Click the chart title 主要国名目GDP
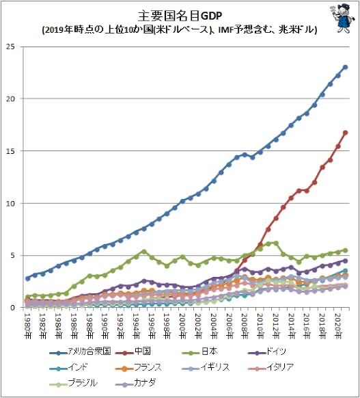pyautogui.click(x=180, y=16)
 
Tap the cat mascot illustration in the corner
pyautogui.click(x=342, y=18)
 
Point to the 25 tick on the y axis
pyautogui.click(x=11, y=47)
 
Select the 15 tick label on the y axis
pyautogui.click(x=11, y=150)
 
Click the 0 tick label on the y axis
pyautogui.click(x=13, y=307)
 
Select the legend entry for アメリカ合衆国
pyautogui.click(x=80, y=351)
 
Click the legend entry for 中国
pyautogui.click(x=133, y=351)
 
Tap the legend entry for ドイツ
pyautogui.click(x=267, y=351)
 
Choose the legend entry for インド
pyautogui.click(x=69, y=367)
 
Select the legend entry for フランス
pyautogui.click(x=139, y=367)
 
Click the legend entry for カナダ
pyautogui.click(x=136, y=382)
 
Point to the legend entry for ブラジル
pyautogui.click(x=74, y=382)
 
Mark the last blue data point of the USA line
pyautogui.click(x=345, y=67)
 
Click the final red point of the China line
pyautogui.click(x=345, y=133)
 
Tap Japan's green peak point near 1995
pyautogui.click(x=143, y=252)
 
